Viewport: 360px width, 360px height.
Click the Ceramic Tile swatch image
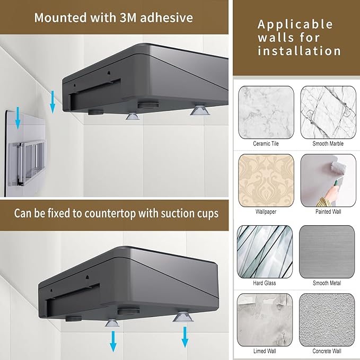pos(266,112)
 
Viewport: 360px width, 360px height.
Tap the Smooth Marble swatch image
pos(328,112)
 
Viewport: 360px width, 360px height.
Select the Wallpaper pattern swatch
pos(266,180)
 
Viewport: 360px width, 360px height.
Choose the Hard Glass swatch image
pos(265,252)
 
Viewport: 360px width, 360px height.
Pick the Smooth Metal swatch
pos(327,252)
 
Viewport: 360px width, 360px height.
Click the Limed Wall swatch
pos(265,320)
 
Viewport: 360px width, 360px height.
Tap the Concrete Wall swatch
pos(327,320)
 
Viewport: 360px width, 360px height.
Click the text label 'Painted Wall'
pos(328,212)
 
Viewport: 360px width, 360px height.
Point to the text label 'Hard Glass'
pos(265,283)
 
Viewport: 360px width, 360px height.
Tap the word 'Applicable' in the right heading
pos(295,24)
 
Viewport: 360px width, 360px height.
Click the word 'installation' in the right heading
pos(299,51)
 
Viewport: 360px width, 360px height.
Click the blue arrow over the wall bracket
pos(18,118)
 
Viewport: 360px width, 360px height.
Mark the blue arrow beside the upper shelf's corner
pos(52,102)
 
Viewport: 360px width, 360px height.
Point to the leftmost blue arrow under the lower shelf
pos(113,341)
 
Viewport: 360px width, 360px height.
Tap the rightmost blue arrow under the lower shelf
pos(185,337)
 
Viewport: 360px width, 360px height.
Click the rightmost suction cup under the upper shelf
pos(199,110)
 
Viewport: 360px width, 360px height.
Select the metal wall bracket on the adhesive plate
pos(27,162)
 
